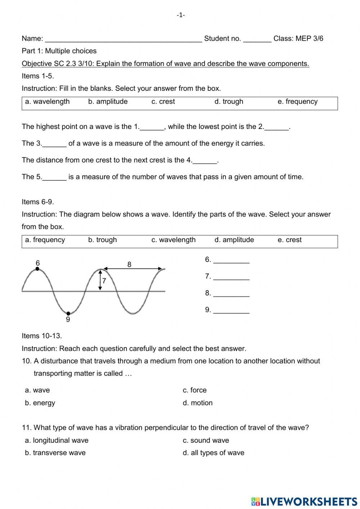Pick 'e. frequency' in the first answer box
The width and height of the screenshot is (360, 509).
[297, 102]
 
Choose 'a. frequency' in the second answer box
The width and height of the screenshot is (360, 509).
[45, 240]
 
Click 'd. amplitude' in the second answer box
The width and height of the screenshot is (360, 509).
[234, 240]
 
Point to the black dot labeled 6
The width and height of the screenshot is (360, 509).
[37, 269]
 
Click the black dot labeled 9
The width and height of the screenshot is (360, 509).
[68, 313]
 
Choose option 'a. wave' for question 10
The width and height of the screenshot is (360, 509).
[37, 390]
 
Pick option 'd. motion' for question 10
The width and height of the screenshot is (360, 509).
[198, 403]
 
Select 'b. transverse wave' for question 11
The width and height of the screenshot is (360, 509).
[55, 453]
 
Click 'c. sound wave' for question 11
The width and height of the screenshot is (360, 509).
[206, 440]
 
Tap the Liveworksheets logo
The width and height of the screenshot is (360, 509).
[304, 501]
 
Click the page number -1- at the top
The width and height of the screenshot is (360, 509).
[181, 15]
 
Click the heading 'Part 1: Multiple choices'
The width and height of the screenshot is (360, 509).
[59, 51]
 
